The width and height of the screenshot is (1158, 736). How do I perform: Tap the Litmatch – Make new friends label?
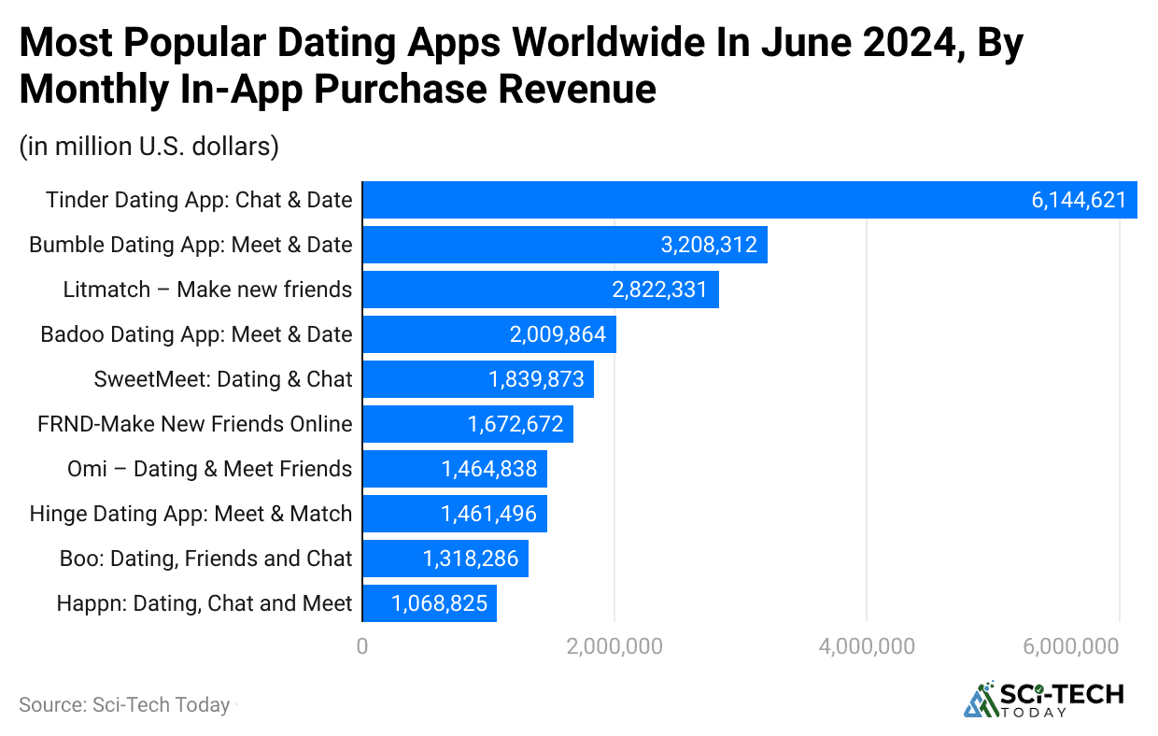[207, 290]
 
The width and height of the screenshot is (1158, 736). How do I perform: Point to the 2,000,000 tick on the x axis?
[614, 646]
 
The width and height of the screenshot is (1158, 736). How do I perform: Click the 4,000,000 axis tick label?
[867, 646]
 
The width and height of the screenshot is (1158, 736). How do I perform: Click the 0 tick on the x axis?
[362, 646]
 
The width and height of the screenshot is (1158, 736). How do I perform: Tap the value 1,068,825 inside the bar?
[439, 603]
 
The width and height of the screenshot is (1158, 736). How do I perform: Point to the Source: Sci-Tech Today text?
[124, 705]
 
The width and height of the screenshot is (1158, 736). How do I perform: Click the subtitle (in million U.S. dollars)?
[148, 147]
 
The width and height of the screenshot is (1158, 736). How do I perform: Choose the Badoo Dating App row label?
[196, 334]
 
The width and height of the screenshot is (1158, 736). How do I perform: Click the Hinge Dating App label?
[191, 514]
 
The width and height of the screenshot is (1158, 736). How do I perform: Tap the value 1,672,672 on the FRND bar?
[515, 424]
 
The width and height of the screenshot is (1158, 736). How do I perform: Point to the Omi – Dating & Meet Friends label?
[209, 469]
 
